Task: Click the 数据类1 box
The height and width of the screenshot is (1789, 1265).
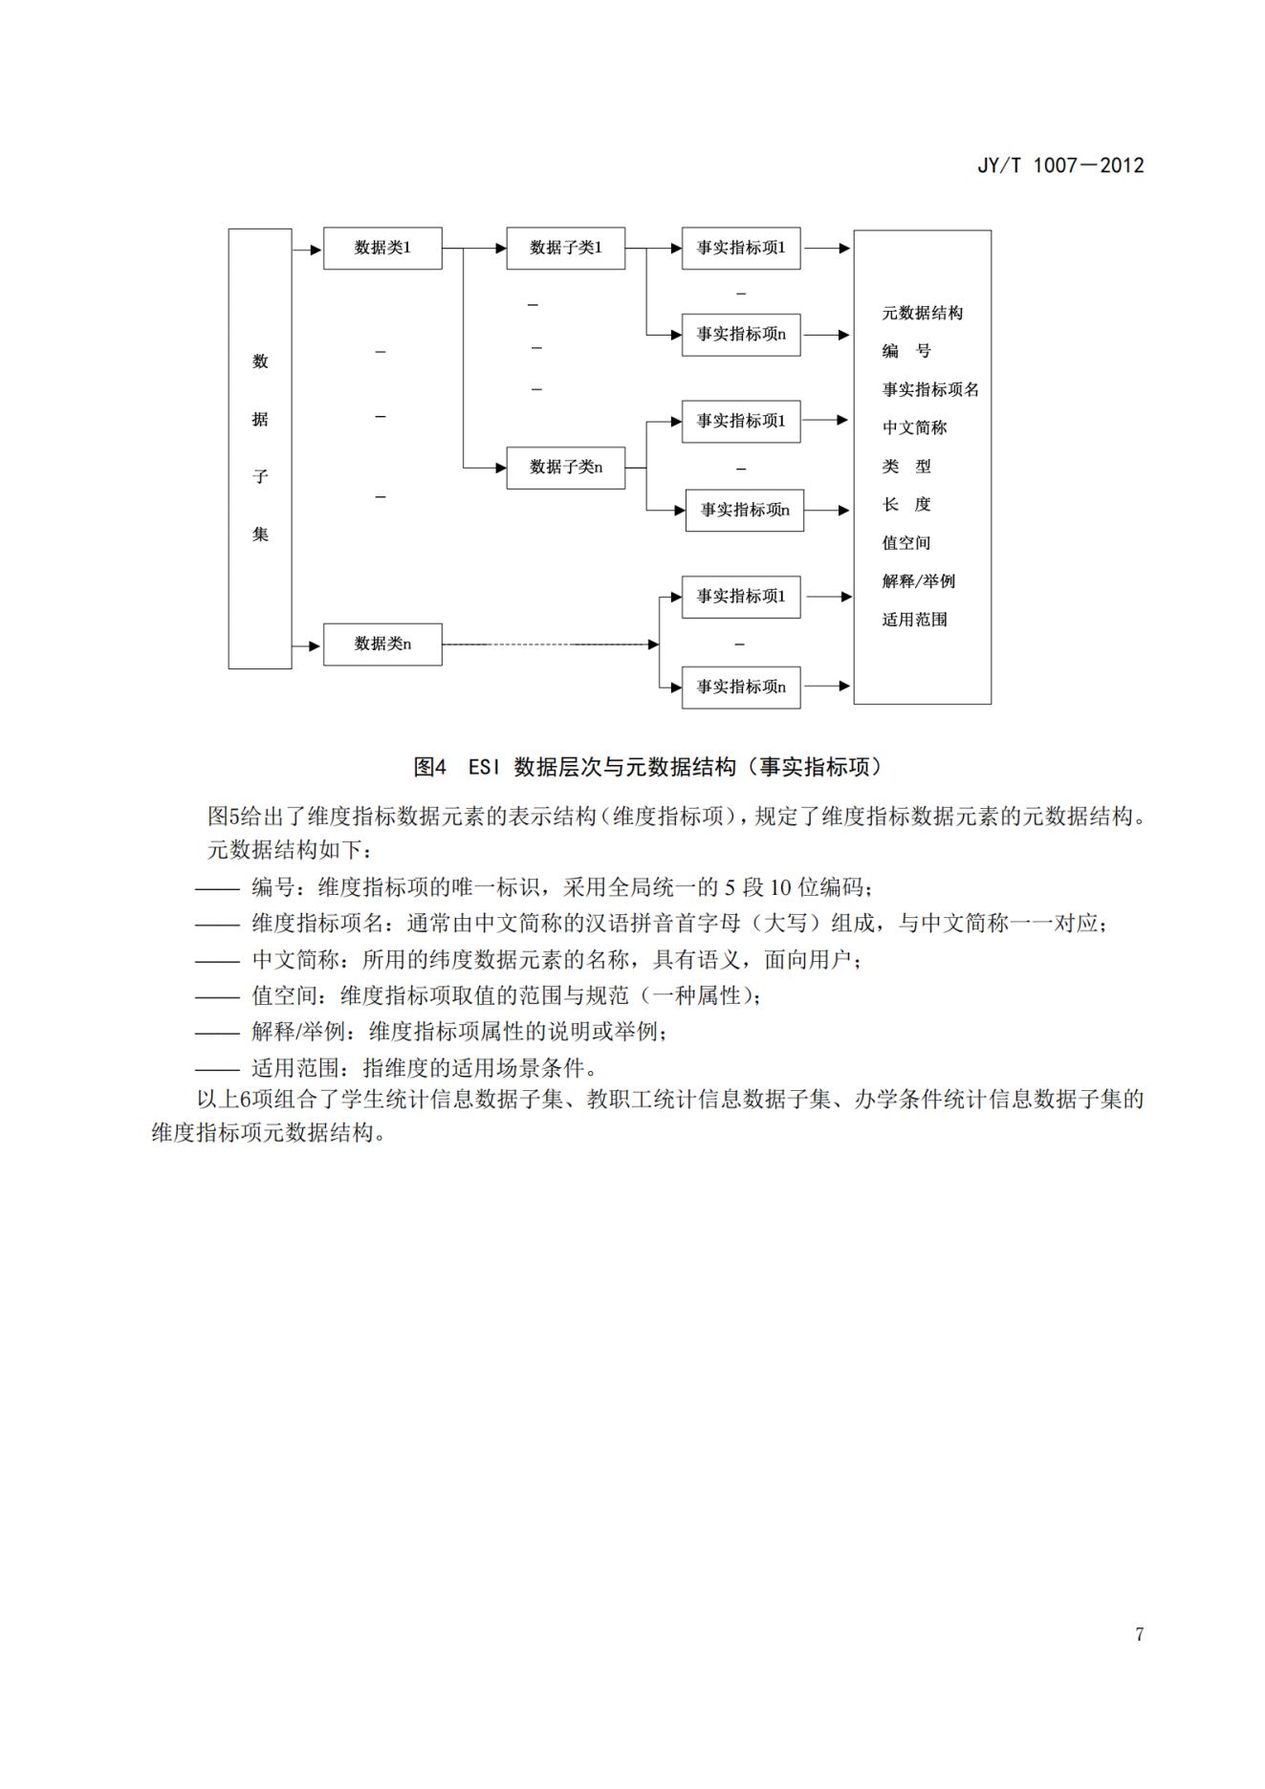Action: point(382,249)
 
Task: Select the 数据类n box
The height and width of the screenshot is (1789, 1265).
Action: point(382,644)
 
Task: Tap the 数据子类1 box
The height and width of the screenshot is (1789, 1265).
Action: point(565,249)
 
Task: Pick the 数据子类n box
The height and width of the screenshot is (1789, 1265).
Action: point(565,468)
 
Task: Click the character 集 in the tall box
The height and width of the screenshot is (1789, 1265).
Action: point(260,535)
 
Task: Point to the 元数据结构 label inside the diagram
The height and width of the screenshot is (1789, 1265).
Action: point(922,314)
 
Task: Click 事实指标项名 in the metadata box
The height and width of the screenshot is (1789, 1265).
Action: point(929,390)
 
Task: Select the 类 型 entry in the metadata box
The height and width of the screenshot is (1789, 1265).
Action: point(905,467)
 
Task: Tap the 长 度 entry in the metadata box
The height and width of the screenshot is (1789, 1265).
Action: point(905,505)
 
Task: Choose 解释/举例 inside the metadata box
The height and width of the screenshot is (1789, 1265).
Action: point(918,581)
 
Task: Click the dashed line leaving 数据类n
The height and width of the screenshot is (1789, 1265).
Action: point(545,644)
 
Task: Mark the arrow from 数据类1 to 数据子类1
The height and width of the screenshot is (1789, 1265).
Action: point(474,249)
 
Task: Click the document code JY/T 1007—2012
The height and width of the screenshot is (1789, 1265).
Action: point(1059,165)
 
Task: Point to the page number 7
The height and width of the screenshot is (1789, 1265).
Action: point(1139,1634)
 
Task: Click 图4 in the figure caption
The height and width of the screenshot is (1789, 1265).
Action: point(429,767)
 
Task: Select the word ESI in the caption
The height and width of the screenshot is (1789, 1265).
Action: point(485,767)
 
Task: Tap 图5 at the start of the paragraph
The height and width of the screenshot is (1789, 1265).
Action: point(220,817)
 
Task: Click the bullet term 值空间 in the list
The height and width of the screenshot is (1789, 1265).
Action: point(285,995)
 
